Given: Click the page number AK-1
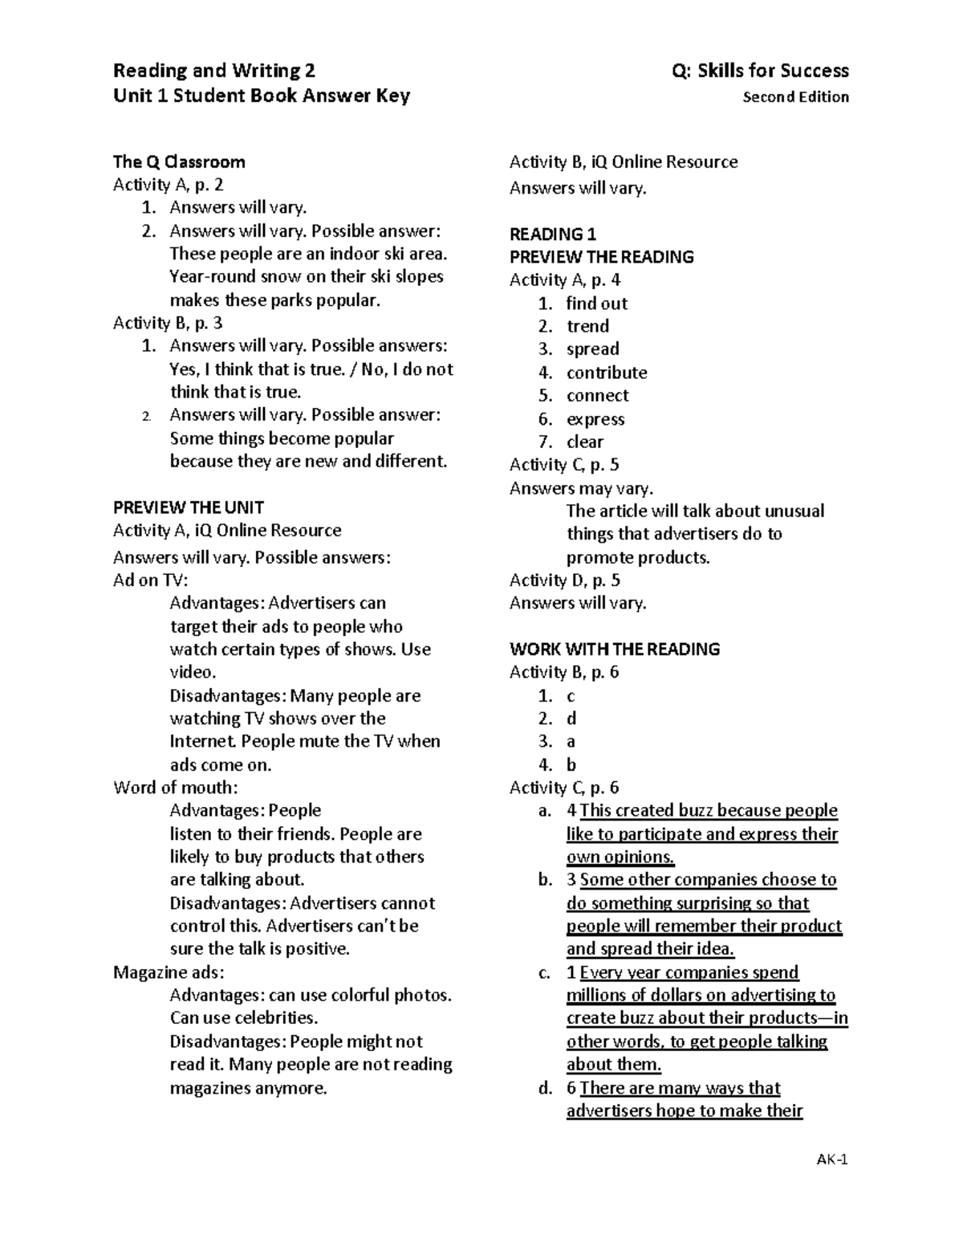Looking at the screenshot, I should tap(832, 1159).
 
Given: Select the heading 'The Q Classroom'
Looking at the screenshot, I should tap(179, 162).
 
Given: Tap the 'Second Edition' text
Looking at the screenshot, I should tap(795, 97).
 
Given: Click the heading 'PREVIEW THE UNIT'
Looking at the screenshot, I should tap(189, 507).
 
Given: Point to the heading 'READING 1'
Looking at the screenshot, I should tap(553, 234).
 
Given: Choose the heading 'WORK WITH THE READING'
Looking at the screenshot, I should tap(615, 649).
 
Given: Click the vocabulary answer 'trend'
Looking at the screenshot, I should tap(587, 326).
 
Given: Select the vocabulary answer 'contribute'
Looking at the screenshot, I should tap(607, 373).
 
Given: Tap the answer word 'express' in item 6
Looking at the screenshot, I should tap(595, 419).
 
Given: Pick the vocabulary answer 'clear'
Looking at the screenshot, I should tap(585, 442).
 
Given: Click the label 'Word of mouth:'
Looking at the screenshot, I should tap(176, 788).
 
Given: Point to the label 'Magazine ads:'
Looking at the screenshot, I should tap(169, 972).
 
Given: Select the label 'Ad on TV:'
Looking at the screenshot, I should tap(151, 581).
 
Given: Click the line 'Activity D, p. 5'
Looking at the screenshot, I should tap(565, 581).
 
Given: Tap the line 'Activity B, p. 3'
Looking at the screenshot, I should tap(168, 323).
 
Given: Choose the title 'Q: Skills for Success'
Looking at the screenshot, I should tap(760, 71).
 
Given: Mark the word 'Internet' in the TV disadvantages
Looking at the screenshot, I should tap(203, 741).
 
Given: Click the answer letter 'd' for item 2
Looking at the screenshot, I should tap(571, 719).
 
